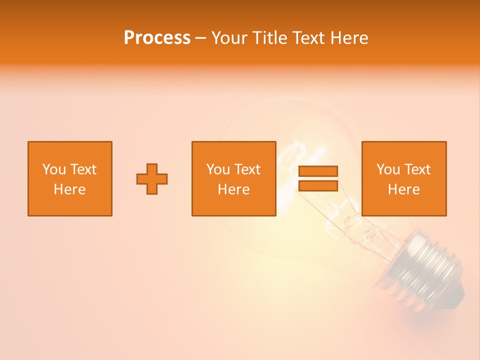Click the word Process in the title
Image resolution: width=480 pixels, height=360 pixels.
[x=157, y=38]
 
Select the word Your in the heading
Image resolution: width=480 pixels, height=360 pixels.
[x=230, y=38]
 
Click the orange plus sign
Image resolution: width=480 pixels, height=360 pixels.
[x=152, y=179]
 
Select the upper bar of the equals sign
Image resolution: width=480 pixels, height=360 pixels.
[x=318, y=171]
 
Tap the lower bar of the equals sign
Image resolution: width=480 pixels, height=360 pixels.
[x=318, y=185]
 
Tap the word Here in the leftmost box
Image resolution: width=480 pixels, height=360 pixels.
[x=70, y=189]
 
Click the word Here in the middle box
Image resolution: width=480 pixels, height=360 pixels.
[x=234, y=189]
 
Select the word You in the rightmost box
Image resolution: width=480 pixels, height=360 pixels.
[x=387, y=169]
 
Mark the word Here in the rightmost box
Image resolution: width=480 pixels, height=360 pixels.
[x=404, y=189]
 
